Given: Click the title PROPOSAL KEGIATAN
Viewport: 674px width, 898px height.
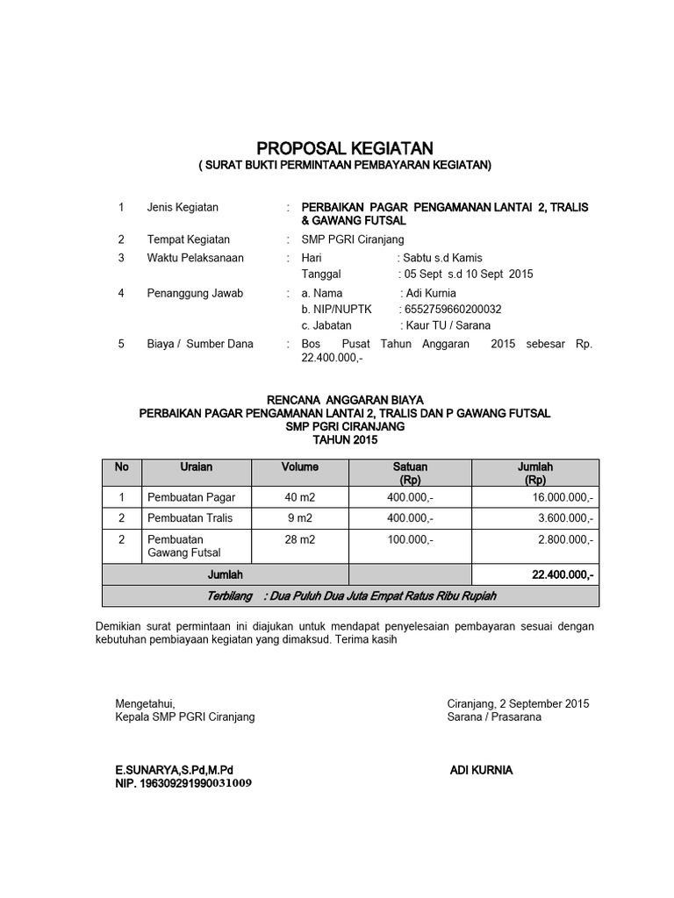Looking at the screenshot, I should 344,146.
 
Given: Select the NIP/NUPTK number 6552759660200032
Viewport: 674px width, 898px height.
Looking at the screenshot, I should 452,310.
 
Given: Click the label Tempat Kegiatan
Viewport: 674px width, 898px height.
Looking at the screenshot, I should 188,239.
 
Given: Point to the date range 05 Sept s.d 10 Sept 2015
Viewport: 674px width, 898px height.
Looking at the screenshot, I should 468,274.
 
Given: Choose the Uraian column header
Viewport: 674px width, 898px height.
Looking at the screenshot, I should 196,467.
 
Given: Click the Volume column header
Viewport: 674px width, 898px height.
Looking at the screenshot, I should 299,467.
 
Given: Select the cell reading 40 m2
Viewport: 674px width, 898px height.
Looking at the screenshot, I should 299,497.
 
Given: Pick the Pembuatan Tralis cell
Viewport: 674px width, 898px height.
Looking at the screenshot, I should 190,518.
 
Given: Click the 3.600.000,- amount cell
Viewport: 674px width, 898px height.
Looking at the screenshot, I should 565,518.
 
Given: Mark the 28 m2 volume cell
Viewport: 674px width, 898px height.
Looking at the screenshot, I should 299,539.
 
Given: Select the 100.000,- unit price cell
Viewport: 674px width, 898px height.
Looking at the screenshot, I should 410,539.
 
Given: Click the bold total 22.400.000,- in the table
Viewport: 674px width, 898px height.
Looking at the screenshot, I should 563,574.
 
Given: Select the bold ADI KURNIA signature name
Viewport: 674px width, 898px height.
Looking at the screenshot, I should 481,770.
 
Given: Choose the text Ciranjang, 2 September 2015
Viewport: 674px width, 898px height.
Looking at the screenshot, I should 518,703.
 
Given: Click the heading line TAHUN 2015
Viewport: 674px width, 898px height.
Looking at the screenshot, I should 345,439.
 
